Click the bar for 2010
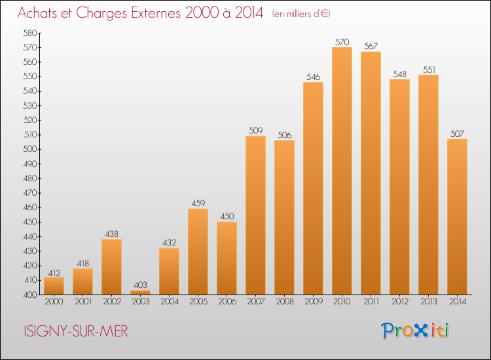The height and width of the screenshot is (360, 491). coord(342,171)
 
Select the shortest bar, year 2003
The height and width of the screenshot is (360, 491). coord(140,293)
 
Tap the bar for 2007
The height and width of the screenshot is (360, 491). coord(255,215)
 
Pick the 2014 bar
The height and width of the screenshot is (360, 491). coord(457,217)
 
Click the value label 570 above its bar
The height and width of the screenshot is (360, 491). coord(342,42)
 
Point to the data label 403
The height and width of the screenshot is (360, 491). coord(140,285)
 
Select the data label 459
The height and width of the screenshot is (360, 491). coord(198,204)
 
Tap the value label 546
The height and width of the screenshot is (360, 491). coord(313,77)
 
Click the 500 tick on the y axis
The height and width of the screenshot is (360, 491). coord(29,149)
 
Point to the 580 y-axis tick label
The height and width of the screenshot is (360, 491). coord(29,33)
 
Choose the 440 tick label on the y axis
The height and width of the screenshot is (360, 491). coord(29,237)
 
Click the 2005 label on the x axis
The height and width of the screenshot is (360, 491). coord(198,302)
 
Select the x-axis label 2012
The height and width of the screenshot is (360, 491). coord(400,302)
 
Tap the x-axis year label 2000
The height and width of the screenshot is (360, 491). coord(54,302)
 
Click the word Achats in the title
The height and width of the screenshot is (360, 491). coord(37,12)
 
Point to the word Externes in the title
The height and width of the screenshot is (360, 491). coord(155,12)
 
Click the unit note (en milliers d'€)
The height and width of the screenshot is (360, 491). coord(301,14)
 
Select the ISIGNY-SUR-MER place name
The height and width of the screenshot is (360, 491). coord(76,331)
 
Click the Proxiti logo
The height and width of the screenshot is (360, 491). coord(414,331)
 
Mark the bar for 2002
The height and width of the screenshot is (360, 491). coord(111,266)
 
